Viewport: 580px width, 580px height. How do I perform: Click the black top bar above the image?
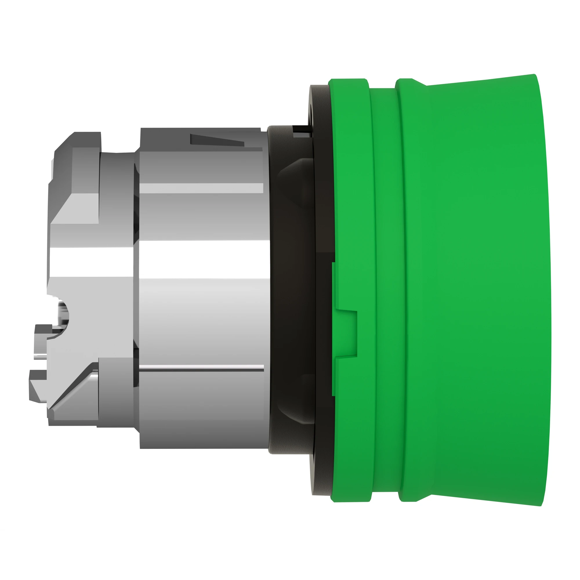coord(290,24)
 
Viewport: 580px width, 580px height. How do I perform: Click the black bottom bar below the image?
coord(290,555)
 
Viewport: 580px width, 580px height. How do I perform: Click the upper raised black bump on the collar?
coord(294,174)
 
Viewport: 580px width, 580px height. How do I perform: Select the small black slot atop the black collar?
coord(300,129)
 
